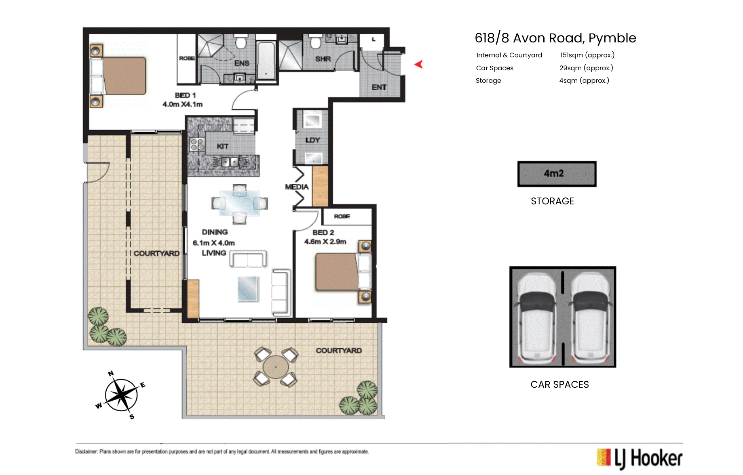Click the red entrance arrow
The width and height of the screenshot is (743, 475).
coord(419,64)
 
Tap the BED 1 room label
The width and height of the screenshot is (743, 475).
coord(185,95)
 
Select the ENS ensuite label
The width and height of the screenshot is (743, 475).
coord(242,63)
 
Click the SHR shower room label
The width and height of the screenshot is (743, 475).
coord(323,59)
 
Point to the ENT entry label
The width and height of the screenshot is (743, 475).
coord(379,87)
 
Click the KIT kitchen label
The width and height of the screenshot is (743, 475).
coord(223,146)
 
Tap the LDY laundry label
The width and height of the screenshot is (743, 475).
coord(312,140)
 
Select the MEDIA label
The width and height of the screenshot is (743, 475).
coord(297,187)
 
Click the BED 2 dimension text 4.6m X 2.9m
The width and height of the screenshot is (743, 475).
coord(325,242)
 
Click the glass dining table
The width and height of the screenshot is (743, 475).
coord(240,204)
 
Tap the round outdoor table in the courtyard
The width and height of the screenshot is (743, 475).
coord(276,367)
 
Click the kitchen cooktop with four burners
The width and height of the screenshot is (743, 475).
coord(197,144)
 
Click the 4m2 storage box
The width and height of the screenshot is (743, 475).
coord(557,174)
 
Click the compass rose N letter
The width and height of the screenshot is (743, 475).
coord(111,374)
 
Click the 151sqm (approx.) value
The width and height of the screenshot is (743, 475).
coord(587,55)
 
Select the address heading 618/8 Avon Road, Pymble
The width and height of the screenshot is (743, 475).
coord(555,38)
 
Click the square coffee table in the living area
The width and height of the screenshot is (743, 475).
coord(248,289)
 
